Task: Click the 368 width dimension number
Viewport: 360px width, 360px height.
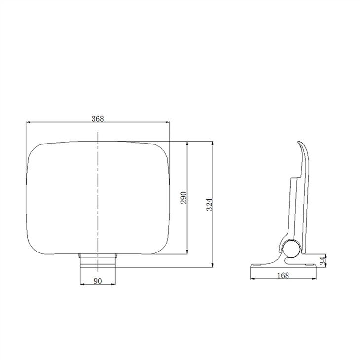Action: [98, 118]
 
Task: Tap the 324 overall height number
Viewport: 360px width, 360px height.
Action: [209, 204]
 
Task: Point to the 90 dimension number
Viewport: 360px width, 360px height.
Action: [98, 281]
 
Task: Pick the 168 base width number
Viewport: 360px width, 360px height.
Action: [283, 275]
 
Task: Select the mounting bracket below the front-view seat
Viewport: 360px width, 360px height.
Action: [98, 260]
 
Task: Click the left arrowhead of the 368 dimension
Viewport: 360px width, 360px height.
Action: [28, 122]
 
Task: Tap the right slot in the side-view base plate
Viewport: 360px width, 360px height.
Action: [309, 266]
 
